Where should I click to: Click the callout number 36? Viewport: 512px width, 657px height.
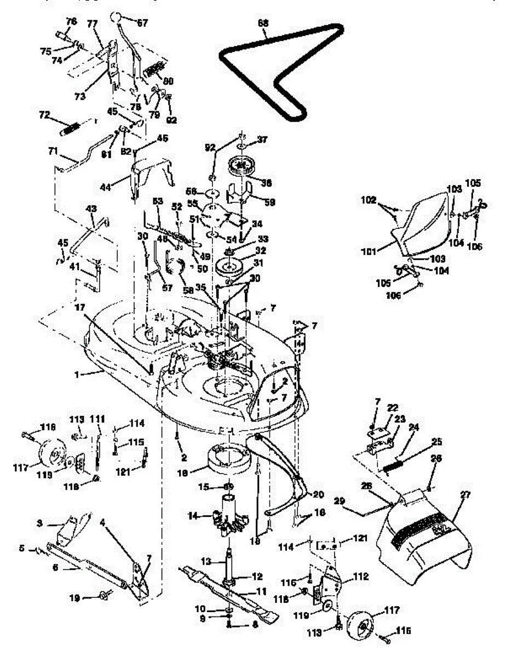(267, 182)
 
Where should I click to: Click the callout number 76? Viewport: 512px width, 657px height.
(72, 21)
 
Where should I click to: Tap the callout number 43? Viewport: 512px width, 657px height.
(91, 209)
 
